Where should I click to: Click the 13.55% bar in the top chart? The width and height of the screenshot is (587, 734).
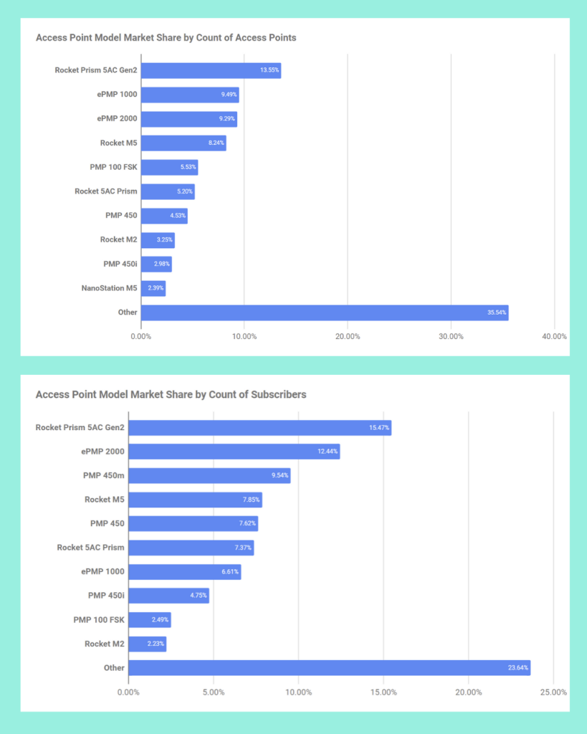pos(211,70)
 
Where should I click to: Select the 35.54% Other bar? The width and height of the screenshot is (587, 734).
pos(324,313)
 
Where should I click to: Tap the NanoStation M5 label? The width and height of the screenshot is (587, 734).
pos(110,288)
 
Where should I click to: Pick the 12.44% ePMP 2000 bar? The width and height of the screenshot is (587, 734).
pos(234,452)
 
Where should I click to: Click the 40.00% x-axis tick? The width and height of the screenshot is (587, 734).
pos(554,336)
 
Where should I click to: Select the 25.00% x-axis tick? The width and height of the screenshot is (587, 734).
pos(553,692)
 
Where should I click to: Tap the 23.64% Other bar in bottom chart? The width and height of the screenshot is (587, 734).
pos(329,668)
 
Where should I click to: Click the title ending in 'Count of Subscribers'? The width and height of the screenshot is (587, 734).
pos(171,394)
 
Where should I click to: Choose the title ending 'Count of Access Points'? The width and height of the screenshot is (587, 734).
pos(166,37)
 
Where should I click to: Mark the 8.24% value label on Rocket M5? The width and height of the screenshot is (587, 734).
pos(216,143)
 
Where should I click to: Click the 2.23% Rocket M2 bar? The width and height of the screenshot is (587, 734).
pos(147,644)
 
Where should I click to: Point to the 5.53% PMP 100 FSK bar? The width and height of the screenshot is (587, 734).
pos(169,168)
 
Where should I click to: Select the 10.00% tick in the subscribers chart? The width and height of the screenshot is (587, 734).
pos(298,692)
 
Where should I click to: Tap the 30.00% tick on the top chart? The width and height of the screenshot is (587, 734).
pos(451,336)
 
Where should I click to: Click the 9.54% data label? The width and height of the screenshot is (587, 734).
pos(279,476)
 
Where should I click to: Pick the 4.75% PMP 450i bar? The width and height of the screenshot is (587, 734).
pos(168,596)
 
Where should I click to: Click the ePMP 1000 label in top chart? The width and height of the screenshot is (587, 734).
pos(118,95)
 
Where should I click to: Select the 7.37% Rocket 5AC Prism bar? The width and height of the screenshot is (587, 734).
pos(191,548)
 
